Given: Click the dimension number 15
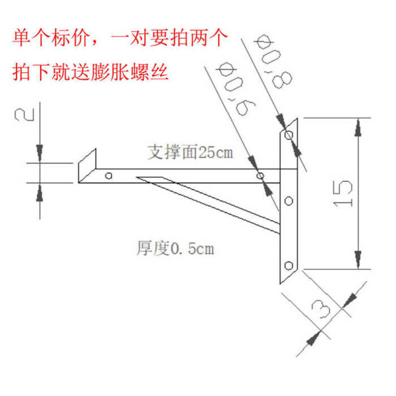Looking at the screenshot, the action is (x=344, y=194).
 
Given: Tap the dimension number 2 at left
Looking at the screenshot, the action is (x=25, y=115).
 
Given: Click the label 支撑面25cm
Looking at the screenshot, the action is (x=190, y=151).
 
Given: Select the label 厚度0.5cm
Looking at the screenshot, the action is (x=175, y=248).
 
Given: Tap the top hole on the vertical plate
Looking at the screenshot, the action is (x=290, y=134).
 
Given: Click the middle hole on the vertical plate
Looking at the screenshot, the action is (x=290, y=201).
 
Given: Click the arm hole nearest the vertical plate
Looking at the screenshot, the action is (x=259, y=176).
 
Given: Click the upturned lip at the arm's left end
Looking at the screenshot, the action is (x=87, y=163).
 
